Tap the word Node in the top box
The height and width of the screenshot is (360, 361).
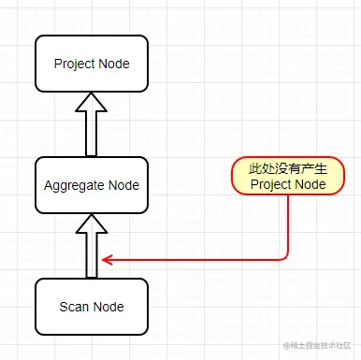115,65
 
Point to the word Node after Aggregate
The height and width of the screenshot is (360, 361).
123,185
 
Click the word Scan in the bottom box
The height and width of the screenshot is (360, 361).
75,307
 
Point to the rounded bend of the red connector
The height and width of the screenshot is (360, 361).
284,255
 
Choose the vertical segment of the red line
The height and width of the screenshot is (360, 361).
288,224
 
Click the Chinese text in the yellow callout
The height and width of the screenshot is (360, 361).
288,169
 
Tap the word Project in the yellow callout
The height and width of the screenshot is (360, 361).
271,185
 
